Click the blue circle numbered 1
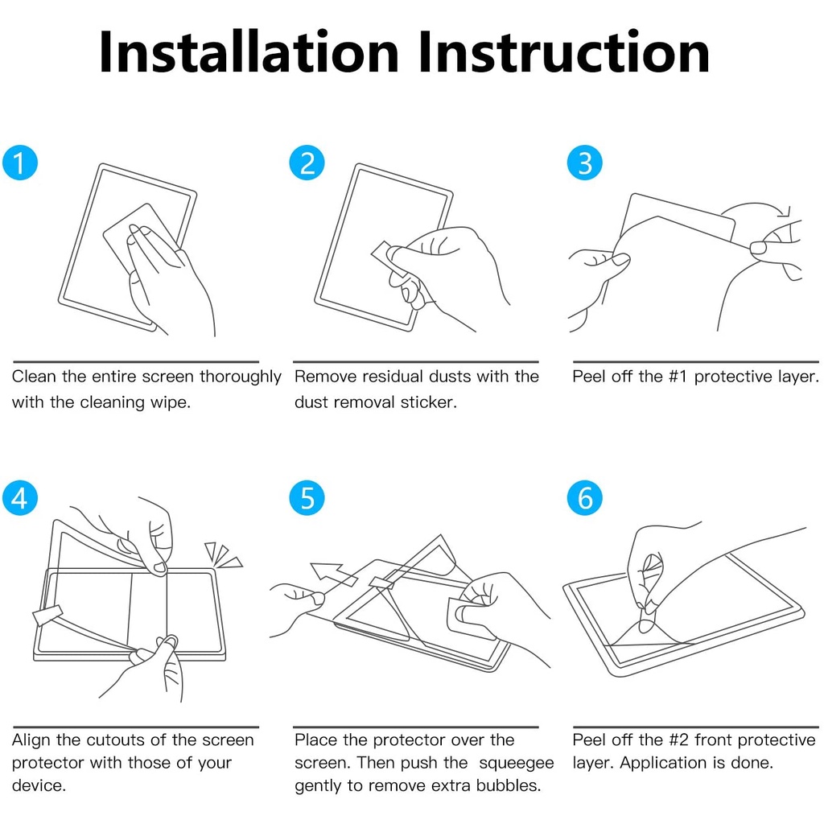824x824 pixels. coord(20,163)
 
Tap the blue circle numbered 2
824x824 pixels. coord(307,163)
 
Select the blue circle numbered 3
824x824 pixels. coord(584,163)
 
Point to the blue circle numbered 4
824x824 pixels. coord(20,497)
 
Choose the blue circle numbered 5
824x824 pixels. coord(307,497)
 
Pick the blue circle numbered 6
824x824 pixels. coord(584,497)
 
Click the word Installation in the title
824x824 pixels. coord(249,51)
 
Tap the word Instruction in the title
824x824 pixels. coord(564,51)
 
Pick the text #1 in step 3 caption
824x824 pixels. coord(678,377)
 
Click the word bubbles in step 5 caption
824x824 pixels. coord(509,785)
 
